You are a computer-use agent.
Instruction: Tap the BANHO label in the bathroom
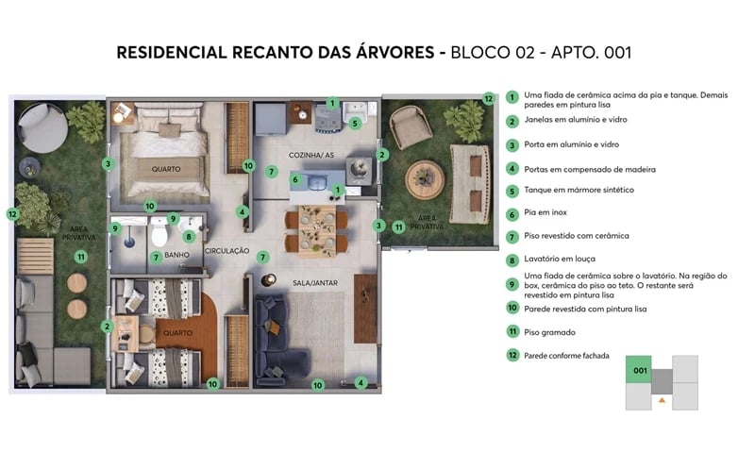click(x=178, y=257)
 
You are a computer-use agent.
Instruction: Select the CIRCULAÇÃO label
click(x=226, y=251)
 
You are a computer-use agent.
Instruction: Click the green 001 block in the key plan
click(x=639, y=371)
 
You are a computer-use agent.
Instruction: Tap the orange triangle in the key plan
click(x=663, y=401)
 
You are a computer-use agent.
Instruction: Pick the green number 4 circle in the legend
click(x=512, y=169)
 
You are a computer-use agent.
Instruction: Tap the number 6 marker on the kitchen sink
click(x=295, y=179)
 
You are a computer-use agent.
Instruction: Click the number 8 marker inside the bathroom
click(x=189, y=237)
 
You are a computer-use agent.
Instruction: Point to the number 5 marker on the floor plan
click(x=355, y=123)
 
